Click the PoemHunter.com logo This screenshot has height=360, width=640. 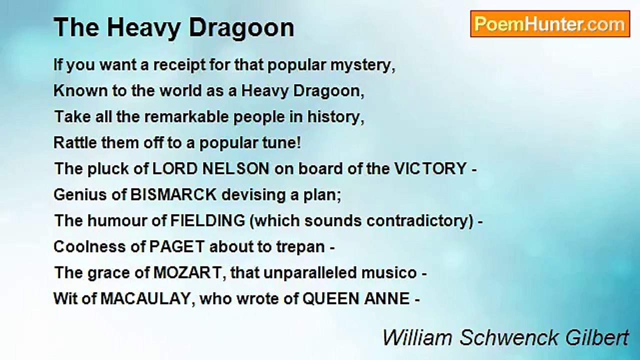click(x=550, y=24)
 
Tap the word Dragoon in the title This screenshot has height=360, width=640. click(x=241, y=28)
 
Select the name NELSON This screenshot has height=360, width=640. click(x=235, y=169)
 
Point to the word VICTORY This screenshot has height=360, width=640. click(x=430, y=169)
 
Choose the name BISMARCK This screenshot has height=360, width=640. click(x=173, y=195)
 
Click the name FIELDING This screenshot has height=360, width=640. click(x=207, y=221)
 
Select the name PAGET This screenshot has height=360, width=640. click(x=177, y=247)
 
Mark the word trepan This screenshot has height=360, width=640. click(x=300, y=247)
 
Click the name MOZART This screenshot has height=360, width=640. click(x=187, y=273)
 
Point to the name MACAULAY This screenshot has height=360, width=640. click(x=145, y=299)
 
